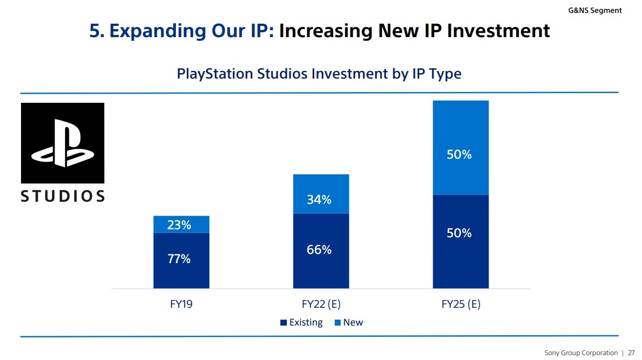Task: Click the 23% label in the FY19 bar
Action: [179, 225]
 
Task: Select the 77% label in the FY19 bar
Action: [179, 258]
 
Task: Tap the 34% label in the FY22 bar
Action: [319, 200]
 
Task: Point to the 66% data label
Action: [319, 250]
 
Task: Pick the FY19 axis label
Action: [181, 304]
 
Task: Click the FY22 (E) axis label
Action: [321, 304]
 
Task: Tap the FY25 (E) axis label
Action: [461, 304]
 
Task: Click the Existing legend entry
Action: [302, 322]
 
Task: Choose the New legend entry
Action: [349, 322]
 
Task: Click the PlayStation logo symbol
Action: [62, 143]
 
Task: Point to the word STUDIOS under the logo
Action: [62, 196]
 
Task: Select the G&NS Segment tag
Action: [595, 10]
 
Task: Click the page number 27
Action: [631, 353]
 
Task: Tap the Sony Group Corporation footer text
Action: [581, 353]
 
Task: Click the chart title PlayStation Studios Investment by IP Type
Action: [319, 73]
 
